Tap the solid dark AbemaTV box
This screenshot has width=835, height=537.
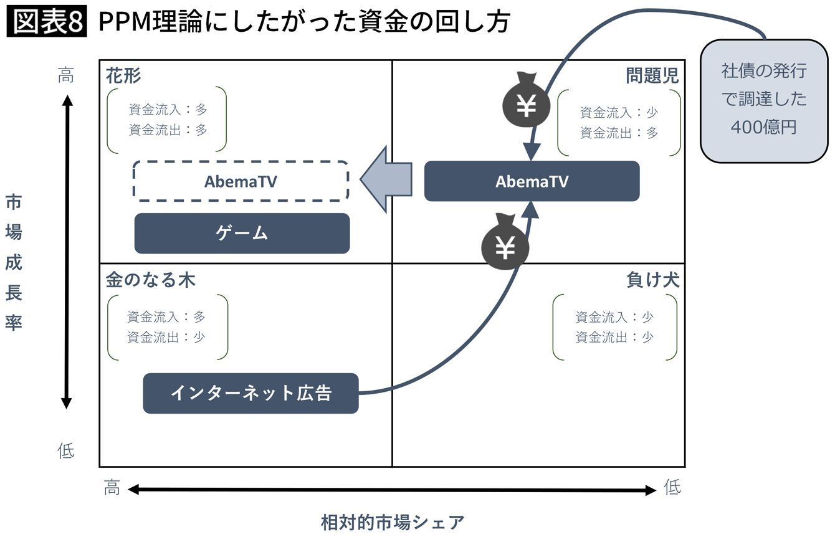pyautogui.click(x=532, y=181)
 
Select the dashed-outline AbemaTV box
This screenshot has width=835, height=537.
pyautogui.click(x=241, y=181)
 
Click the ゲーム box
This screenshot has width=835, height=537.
pyautogui.click(x=242, y=234)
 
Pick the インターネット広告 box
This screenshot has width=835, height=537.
pyautogui.click(x=250, y=393)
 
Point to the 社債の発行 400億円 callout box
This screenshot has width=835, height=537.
pyautogui.click(x=763, y=100)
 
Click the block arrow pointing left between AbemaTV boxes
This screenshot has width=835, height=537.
pyautogui.click(x=386, y=179)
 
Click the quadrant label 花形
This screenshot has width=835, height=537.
pyautogui.click(x=123, y=76)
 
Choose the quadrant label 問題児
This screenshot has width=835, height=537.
pyautogui.click(x=652, y=76)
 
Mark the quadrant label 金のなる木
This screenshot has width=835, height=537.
pyautogui.click(x=150, y=280)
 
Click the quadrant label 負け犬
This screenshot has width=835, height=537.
pyautogui.click(x=652, y=280)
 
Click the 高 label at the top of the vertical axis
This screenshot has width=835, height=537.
pyautogui.click(x=66, y=76)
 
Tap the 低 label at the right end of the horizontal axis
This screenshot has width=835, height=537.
pyautogui.click(x=672, y=488)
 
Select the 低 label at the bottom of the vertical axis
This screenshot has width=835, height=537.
pyautogui.click(x=66, y=450)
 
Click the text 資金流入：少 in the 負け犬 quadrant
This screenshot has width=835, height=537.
pyautogui.click(x=614, y=317)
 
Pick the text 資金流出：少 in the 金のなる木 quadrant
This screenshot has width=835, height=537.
pyautogui.click(x=166, y=337)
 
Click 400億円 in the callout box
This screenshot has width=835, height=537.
pyautogui.click(x=763, y=127)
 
